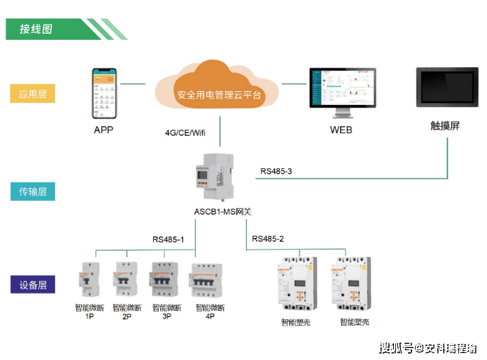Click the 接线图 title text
(36, 29)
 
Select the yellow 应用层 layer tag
(33, 93)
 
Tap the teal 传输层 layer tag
(33, 191)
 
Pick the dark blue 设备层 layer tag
(33, 285)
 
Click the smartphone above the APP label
(102, 94)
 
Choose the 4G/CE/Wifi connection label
(186, 132)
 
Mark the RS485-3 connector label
(277, 171)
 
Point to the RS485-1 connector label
(168, 239)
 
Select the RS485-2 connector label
(268, 239)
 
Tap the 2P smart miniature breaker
(126, 281)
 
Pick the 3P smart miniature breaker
(166, 280)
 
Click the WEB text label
(341, 130)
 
